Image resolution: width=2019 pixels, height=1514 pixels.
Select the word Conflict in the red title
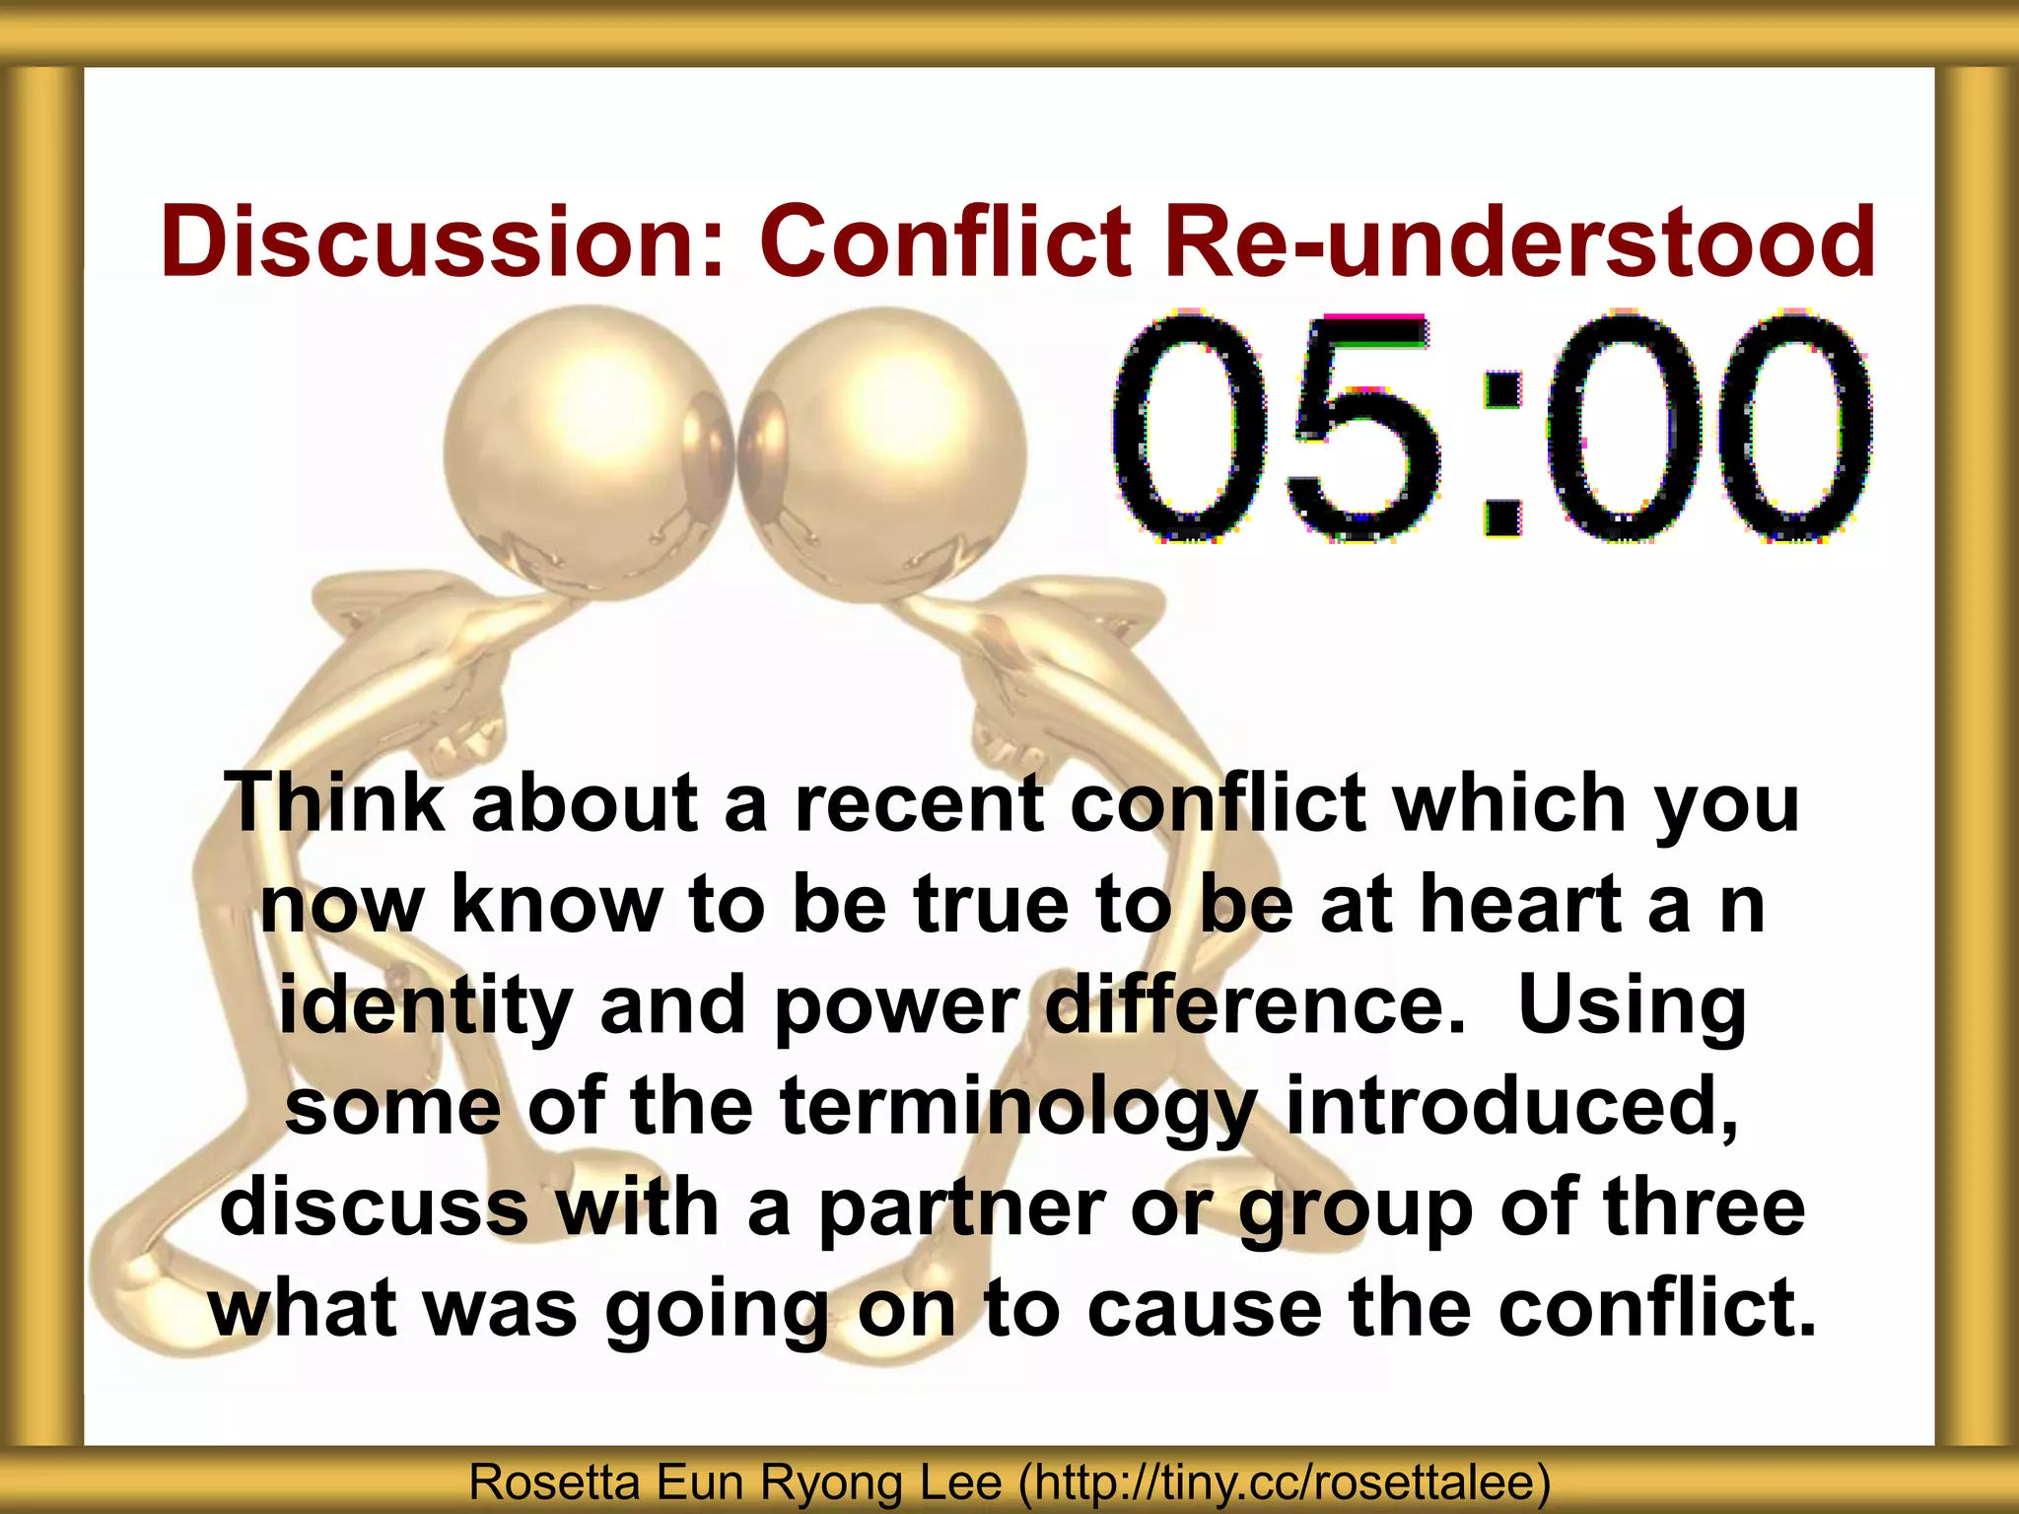point(945,241)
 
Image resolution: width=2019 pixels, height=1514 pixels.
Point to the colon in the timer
point(1499,453)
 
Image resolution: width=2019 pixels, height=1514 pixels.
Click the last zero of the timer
point(1789,429)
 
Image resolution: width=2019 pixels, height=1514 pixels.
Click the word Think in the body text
point(335,802)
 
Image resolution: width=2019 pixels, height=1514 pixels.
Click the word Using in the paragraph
point(1633,1007)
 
